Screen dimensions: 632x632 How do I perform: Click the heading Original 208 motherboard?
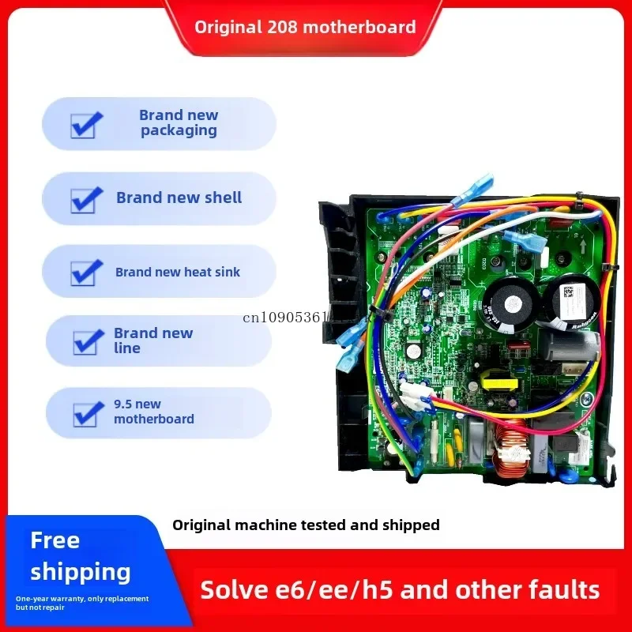pyautogui.click(x=305, y=27)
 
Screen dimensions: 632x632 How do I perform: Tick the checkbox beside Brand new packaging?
pyautogui.click(x=86, y=124)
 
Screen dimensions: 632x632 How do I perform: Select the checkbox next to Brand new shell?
pyautogui.click(x=86, y=199)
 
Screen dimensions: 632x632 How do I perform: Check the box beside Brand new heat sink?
pyautogui.click(x=86, y=273)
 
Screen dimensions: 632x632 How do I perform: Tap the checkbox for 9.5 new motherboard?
pyautogui.click(x=86, y=412)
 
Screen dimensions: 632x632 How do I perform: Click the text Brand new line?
pyautogui.click(x=152, y=340)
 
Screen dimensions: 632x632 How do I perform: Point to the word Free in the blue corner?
pyautogui.click(x=55, y=541)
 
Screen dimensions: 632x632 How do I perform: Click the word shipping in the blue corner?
pyautogui.click(x=80, y=572)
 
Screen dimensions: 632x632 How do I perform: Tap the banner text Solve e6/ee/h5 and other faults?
pyautogui.click(x=400, y=589)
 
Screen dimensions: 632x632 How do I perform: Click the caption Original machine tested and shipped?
pyautogui.click(x=306, y=525)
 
